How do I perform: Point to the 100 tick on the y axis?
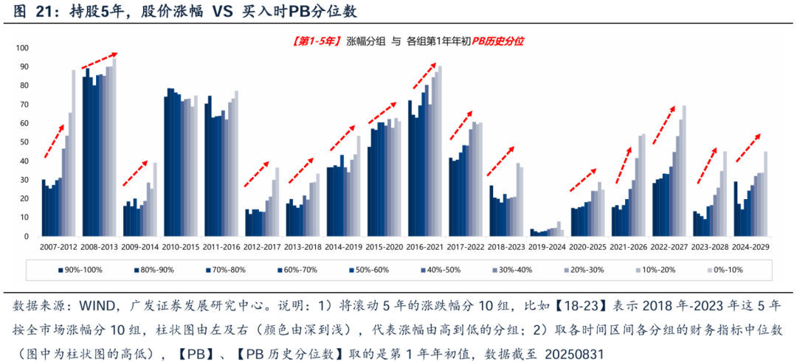coord(22,48)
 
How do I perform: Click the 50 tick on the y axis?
coord(24,142)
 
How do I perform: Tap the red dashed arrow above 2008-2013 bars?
coord(98,60)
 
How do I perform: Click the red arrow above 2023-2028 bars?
coord(705,163)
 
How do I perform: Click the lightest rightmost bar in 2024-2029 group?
coord(765,193)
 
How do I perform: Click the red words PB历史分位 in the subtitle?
coord(498,41)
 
